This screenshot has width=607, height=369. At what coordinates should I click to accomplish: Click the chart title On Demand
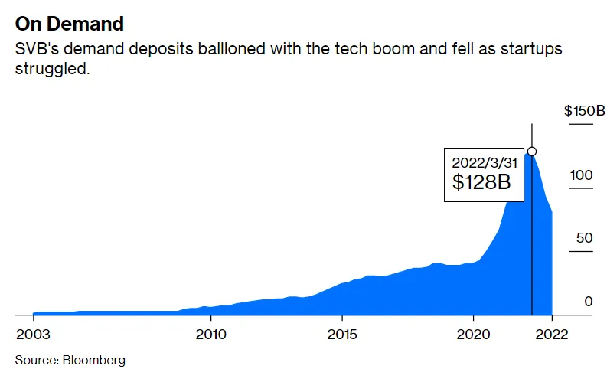70,23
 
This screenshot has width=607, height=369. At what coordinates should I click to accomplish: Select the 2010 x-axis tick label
210,335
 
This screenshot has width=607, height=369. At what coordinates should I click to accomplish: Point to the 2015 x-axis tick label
342,335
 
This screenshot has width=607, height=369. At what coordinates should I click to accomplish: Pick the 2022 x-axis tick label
552,335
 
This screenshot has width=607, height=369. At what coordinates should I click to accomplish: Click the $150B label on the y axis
584,112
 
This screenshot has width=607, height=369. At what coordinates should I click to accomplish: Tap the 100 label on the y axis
581,175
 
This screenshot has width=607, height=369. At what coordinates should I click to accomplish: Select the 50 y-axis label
584,238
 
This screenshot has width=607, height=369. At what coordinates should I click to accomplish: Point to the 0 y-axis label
588,302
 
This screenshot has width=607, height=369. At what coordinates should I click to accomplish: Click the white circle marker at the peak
532,152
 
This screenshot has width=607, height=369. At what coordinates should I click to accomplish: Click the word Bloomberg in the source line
95,359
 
